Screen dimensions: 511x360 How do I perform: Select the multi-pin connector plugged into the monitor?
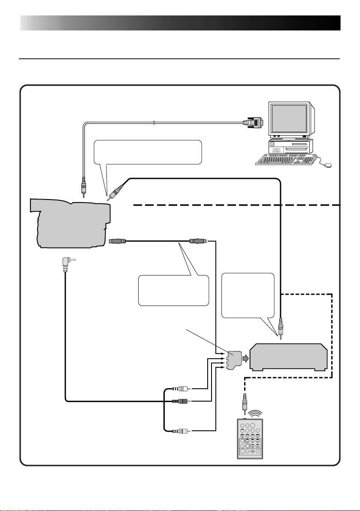(253, 123)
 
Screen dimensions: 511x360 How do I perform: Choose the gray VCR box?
(288, 357)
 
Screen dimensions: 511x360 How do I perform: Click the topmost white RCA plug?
(180, 389)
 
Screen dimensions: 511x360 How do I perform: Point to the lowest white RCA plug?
(180, 430)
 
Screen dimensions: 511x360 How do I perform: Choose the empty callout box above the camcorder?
(148, 152)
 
